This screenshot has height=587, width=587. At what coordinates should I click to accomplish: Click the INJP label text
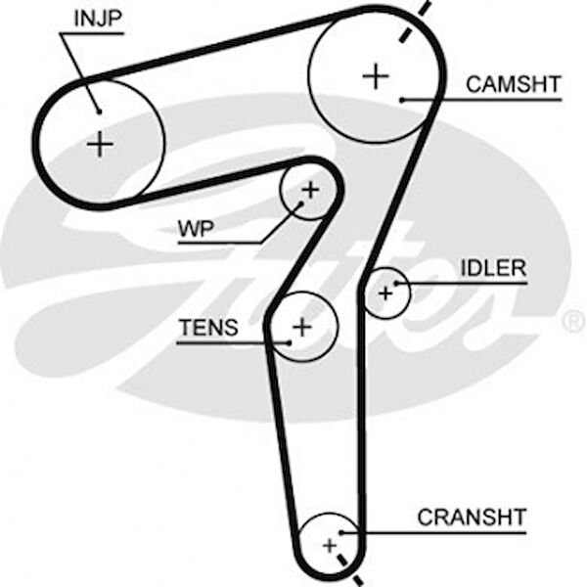coord(100,17)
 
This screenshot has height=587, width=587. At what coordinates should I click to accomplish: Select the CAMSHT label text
coord(514,84)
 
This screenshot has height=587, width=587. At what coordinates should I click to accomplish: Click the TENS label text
coord(207,328)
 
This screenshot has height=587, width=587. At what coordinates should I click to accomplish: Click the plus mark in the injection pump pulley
coord(101,145)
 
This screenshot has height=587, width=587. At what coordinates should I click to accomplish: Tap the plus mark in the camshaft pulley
coord(375,75)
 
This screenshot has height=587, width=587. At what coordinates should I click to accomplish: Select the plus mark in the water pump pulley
coord(310,189)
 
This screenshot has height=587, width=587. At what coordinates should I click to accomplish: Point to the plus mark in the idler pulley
coord(385,292)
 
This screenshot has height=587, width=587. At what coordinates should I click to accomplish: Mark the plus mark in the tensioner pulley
coord(302,326)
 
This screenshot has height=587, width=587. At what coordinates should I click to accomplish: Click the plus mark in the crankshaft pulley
coord(330,543)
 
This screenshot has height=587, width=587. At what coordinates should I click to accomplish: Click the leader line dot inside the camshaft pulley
coord(402,99)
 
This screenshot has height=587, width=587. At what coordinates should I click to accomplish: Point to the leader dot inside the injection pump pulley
coord(99,112)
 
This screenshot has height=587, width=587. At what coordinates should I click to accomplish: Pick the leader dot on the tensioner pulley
coord(290,341)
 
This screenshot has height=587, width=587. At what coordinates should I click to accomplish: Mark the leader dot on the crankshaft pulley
coord(342,532)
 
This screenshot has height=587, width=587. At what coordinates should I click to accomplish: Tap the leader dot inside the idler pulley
coord(396,284)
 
